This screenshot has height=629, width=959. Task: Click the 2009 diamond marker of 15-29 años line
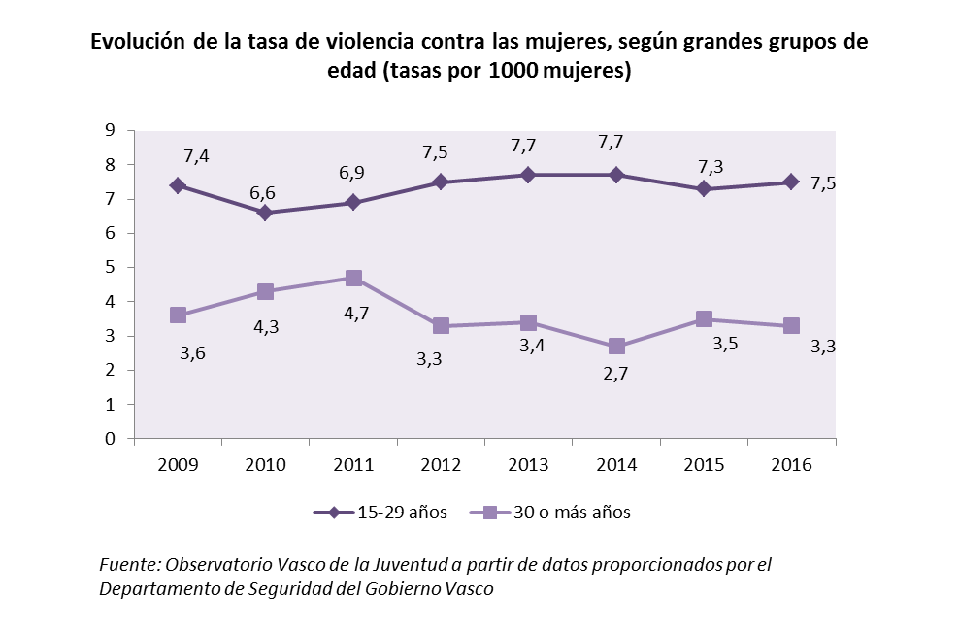(178, 185)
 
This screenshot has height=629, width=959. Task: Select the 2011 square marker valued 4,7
(353, 279)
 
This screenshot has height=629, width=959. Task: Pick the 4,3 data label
(265, 327)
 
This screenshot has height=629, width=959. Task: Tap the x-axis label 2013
(529, 464)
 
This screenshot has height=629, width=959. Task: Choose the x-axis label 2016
(792, 464)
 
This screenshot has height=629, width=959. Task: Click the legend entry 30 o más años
(563, 513)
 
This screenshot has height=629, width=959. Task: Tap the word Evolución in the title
(137, 43)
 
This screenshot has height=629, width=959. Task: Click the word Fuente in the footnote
(130, 565)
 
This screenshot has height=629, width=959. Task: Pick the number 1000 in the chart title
(519, 72)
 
